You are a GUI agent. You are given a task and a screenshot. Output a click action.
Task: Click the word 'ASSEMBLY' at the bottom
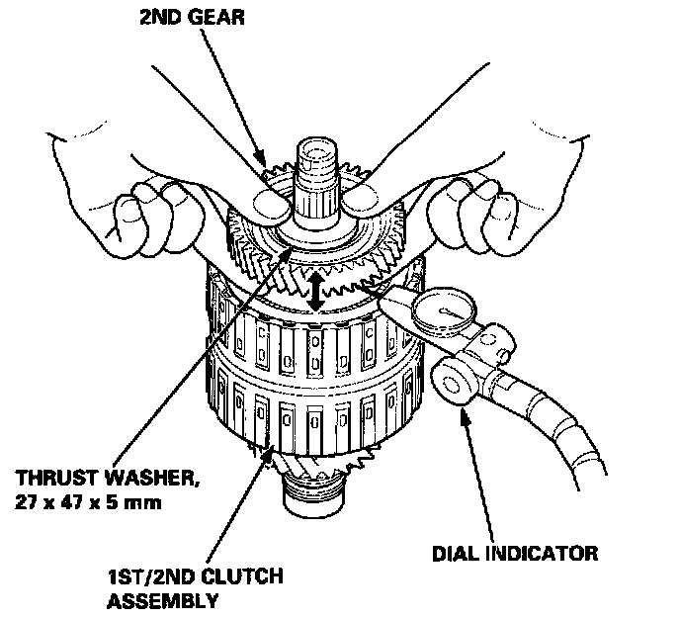point(162,599)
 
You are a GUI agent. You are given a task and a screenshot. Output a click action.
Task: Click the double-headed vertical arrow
point(314,293)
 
